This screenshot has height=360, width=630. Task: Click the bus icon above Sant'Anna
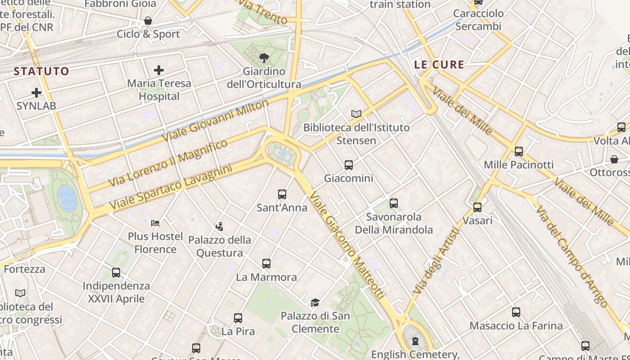point(282,194)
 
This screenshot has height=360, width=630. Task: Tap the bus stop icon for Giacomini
point(349,165)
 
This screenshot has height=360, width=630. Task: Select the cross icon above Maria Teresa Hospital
point(159,70)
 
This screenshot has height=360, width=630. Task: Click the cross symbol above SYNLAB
point(36,93)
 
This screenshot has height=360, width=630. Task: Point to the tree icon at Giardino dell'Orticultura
point(264,58)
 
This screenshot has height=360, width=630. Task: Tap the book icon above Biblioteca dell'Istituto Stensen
point(356,114)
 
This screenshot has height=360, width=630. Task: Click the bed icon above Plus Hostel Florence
point(155,223)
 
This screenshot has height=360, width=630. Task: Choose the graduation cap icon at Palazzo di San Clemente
point(315,303)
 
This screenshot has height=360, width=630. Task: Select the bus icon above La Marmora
point(266,264)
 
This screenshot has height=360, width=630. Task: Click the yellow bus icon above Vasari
point(477,207)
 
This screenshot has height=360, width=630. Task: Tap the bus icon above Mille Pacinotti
point(519,152)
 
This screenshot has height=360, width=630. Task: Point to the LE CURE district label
point(439,65)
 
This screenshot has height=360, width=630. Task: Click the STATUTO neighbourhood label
point(41,71)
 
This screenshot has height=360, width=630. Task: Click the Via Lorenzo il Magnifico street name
point(169,163)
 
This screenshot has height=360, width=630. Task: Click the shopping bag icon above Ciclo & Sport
point(148,21)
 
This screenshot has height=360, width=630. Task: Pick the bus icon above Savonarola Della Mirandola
point(394,203)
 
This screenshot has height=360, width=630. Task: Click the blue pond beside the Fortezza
point(67,198)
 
